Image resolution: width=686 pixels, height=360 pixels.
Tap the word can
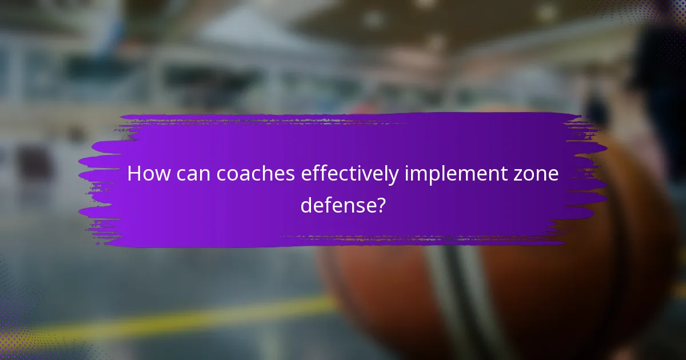pyautogui.click(x=193, y=174)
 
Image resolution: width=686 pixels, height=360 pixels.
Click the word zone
pyautogui.click(x=538, y=174)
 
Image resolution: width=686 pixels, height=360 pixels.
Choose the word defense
pyautogui.click(x=336, y=205)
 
